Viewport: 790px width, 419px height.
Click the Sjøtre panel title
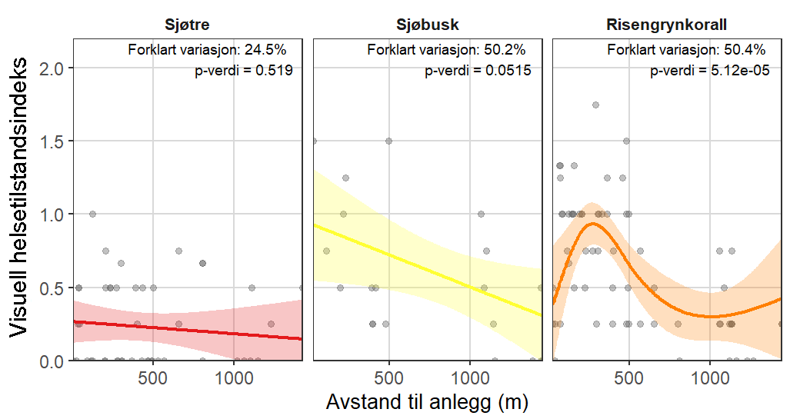point(188,25)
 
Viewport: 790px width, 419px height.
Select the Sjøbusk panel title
point(428,25)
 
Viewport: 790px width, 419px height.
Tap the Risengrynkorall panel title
point(668,25)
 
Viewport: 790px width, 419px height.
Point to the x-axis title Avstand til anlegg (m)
point(428,402)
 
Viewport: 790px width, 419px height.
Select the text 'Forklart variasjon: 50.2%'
point(446,51)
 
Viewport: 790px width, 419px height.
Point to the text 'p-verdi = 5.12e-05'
point(710,71)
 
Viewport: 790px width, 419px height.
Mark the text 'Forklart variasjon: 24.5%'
point(207,51)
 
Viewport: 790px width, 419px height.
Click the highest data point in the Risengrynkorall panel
point(595,105)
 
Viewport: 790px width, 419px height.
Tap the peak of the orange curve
point(592,224)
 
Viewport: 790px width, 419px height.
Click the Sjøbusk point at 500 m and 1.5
point(388,141)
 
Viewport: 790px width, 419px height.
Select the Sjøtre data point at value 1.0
point(92,214)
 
